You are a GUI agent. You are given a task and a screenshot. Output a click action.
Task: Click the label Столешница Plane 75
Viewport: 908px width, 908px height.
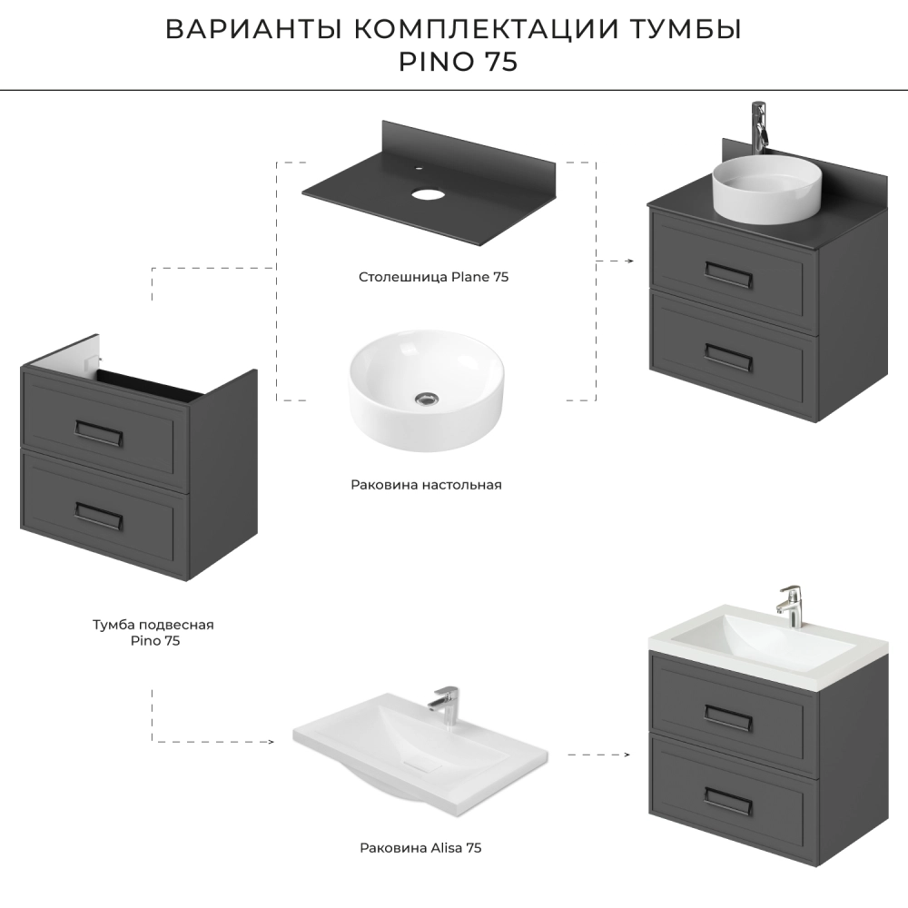click(x=433, y=277)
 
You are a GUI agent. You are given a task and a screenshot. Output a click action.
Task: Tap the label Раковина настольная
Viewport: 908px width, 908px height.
click(x=426, y=485)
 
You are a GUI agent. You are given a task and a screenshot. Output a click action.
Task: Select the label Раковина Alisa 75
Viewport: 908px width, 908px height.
click(x=420, y=848)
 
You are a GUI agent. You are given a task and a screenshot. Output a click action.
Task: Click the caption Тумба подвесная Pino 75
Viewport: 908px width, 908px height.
click(x=153, y=632)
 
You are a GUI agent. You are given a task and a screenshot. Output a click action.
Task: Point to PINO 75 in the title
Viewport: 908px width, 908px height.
click(x=458, y=62)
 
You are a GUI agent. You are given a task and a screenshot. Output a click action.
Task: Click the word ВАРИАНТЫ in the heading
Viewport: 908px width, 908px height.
click(x=253, y=29)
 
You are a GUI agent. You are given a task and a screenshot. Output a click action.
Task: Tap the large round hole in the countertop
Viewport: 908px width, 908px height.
click(x=427, y=193)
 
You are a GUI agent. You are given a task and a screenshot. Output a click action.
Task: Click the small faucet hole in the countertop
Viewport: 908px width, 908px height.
click(x=419, y=170)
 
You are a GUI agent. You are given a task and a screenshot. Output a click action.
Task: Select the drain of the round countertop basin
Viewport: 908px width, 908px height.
click(x=427, y=398)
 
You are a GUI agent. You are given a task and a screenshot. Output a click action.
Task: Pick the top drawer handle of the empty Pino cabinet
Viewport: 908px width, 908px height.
click(x=98, y=433)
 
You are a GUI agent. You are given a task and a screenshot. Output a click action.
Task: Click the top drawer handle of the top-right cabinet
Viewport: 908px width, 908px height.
click(x=728, y=275)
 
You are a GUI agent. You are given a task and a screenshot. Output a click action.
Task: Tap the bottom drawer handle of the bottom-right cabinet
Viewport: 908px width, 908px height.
click(x=728, y=802)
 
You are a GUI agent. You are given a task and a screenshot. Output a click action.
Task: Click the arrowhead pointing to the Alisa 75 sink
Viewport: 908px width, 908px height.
click(x=271, y=742)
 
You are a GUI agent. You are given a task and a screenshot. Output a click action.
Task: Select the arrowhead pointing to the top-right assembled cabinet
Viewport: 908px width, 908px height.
click(x=630, y=262)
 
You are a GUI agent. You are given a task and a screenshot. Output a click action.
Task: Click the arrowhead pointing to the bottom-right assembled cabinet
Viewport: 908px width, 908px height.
click(x=626, y=755)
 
